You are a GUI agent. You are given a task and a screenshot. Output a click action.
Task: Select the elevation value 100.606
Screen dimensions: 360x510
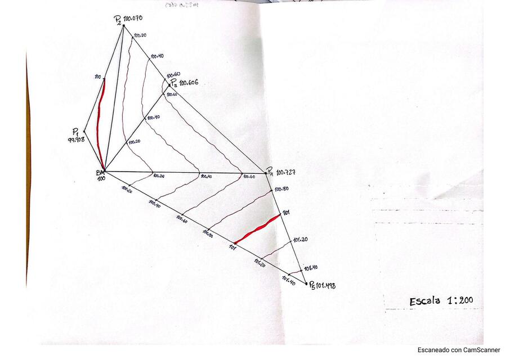point(189,83)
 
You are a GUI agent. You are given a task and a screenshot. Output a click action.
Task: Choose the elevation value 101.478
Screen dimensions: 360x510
point(323,286)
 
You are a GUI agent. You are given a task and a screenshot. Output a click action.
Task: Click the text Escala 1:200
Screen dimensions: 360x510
point(441,301)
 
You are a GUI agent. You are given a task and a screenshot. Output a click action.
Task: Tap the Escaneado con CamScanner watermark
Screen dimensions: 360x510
point(458,350)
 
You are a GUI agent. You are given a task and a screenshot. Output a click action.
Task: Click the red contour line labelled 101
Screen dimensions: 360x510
point(257,229)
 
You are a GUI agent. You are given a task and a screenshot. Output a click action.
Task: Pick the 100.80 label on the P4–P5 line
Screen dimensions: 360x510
point(281,190)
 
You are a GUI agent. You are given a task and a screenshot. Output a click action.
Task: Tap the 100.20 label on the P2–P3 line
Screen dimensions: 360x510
point(140,35)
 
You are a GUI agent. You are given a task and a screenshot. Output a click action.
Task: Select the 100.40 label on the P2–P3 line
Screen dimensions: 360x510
point(156,56)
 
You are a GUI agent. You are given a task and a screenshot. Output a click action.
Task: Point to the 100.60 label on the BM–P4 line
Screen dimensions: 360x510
point(249,177)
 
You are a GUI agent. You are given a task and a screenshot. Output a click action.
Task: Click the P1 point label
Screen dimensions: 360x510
point(75,130)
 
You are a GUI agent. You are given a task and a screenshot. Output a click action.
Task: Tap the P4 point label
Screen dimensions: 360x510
point(270,170)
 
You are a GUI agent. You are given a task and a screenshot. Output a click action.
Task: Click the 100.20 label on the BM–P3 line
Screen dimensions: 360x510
point(134,142)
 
